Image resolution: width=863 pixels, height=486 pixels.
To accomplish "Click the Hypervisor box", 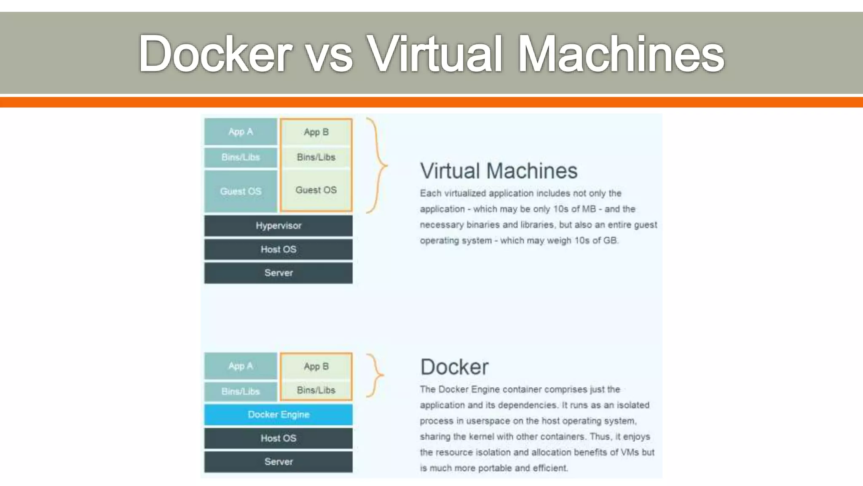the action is click(278, 226).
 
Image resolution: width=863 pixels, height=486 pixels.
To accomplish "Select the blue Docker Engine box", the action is click(278, 414).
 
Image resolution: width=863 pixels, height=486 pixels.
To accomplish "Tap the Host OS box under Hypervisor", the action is click(278, 249).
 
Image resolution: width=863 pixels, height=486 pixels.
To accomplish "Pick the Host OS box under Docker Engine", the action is click(278, 438).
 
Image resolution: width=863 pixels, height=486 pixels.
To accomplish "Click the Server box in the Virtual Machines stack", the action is click(278, 273).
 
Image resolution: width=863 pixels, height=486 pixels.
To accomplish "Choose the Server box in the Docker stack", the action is click(278, 462).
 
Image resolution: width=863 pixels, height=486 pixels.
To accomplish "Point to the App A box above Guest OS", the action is click(241, 132).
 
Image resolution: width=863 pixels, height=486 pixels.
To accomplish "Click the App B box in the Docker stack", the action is click(316, 366).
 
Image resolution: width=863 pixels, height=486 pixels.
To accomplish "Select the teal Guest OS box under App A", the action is click(241, 191).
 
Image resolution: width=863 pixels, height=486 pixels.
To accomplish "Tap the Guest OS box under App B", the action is click(316, 190).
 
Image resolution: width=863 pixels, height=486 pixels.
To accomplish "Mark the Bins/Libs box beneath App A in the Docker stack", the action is click(241, 391).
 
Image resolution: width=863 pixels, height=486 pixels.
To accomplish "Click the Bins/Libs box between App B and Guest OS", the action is click(316, 157).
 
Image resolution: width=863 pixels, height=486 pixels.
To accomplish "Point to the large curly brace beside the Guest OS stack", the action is click(377, 165).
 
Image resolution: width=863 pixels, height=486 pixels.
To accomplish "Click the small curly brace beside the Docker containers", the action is click(375, 375).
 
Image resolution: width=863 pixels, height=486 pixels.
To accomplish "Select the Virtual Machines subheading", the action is click(499, 171).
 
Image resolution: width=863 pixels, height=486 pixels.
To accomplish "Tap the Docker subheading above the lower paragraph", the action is click(454, 367).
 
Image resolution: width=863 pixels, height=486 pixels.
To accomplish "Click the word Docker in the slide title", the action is click(215, 54).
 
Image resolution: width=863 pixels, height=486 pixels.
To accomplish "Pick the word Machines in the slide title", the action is click(621, 54).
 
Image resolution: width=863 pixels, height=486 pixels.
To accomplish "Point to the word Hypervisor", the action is click(278, 226).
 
